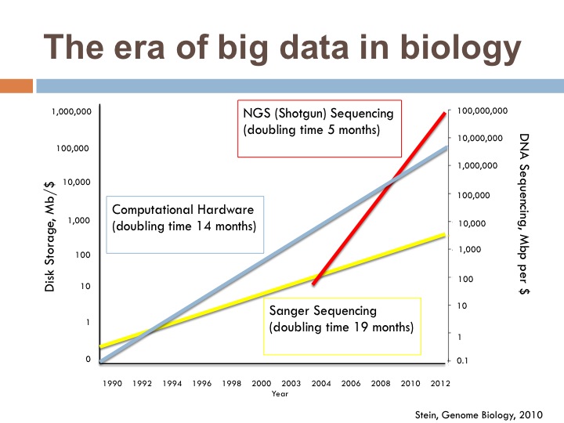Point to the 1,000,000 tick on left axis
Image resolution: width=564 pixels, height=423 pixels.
(x=71, y=112)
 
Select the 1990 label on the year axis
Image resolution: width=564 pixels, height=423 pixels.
(x=111, y=385)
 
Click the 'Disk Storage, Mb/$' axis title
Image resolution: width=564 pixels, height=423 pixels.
(x=49, y=235)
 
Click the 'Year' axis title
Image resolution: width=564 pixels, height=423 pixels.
(x=280, y=394)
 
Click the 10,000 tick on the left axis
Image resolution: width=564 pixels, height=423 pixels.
(x=77, y=183)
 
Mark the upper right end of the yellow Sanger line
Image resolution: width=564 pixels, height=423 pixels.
(x=444, y=234)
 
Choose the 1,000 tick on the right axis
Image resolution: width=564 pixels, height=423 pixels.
(x=468, y=249)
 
